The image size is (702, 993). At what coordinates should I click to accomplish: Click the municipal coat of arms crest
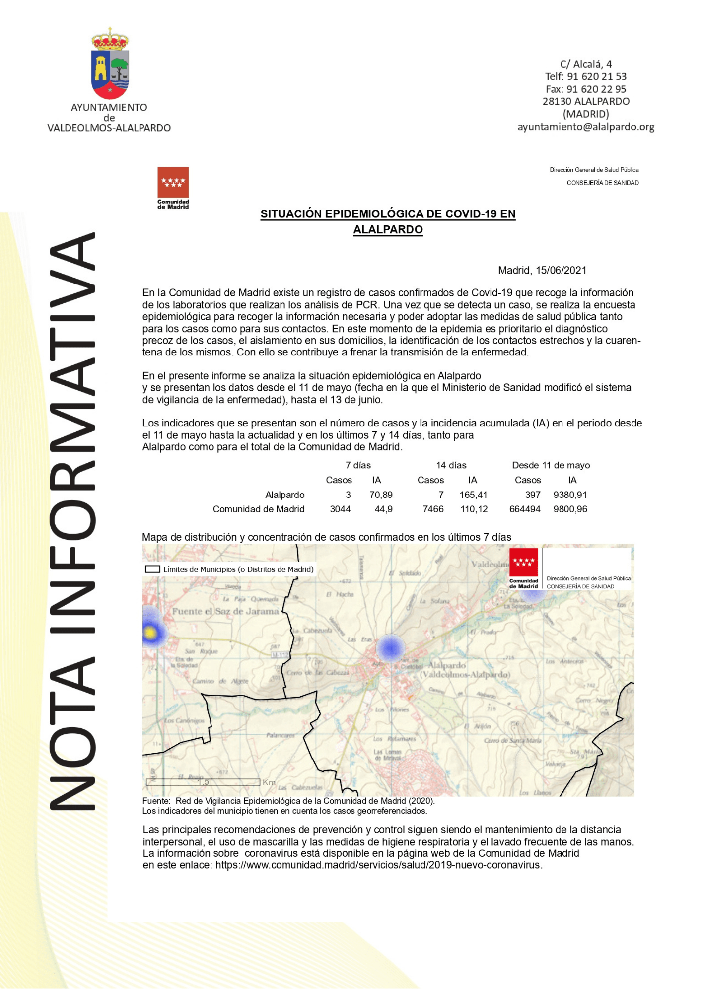point(110,65)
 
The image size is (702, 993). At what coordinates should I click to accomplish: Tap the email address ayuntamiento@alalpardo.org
point(586,127)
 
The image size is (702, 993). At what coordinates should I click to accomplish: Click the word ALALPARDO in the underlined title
point(388,230)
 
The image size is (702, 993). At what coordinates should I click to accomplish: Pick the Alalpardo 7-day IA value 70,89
point(381,495)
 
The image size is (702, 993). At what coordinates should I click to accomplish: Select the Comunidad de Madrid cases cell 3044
point(340,509)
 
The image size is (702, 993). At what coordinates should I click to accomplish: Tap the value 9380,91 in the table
point(570,495)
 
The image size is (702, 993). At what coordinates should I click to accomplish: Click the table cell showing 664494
point(525,509)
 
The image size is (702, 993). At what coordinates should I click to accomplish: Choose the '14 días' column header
point(451,465)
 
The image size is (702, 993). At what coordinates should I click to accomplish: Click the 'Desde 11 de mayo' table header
point(551,465)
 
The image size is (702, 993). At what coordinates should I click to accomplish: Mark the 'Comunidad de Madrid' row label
point(258,509)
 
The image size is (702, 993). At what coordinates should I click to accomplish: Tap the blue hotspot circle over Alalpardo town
point(390,648)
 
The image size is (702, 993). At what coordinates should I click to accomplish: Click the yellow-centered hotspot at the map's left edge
point(150,633)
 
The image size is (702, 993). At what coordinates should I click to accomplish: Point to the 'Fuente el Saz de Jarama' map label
point(225,612)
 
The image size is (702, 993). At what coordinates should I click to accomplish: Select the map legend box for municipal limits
point(152,569)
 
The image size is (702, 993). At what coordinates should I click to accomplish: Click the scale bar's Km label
point(269,782)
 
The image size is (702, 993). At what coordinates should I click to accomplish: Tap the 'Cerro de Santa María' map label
point(512,741)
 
